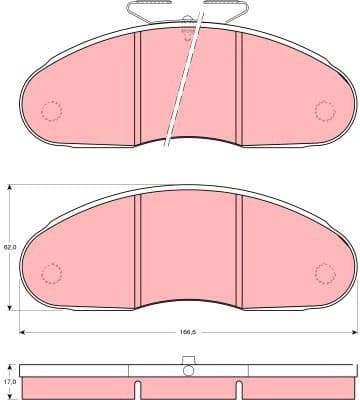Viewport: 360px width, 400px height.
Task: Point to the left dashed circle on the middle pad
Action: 51,272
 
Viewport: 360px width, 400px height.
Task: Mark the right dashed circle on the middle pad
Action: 325,272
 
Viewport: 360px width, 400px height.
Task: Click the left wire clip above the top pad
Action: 151,11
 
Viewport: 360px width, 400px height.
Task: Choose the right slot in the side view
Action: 232,390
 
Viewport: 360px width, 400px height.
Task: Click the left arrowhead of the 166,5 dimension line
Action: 23,330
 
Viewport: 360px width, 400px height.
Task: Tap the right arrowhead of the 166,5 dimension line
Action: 353,330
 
